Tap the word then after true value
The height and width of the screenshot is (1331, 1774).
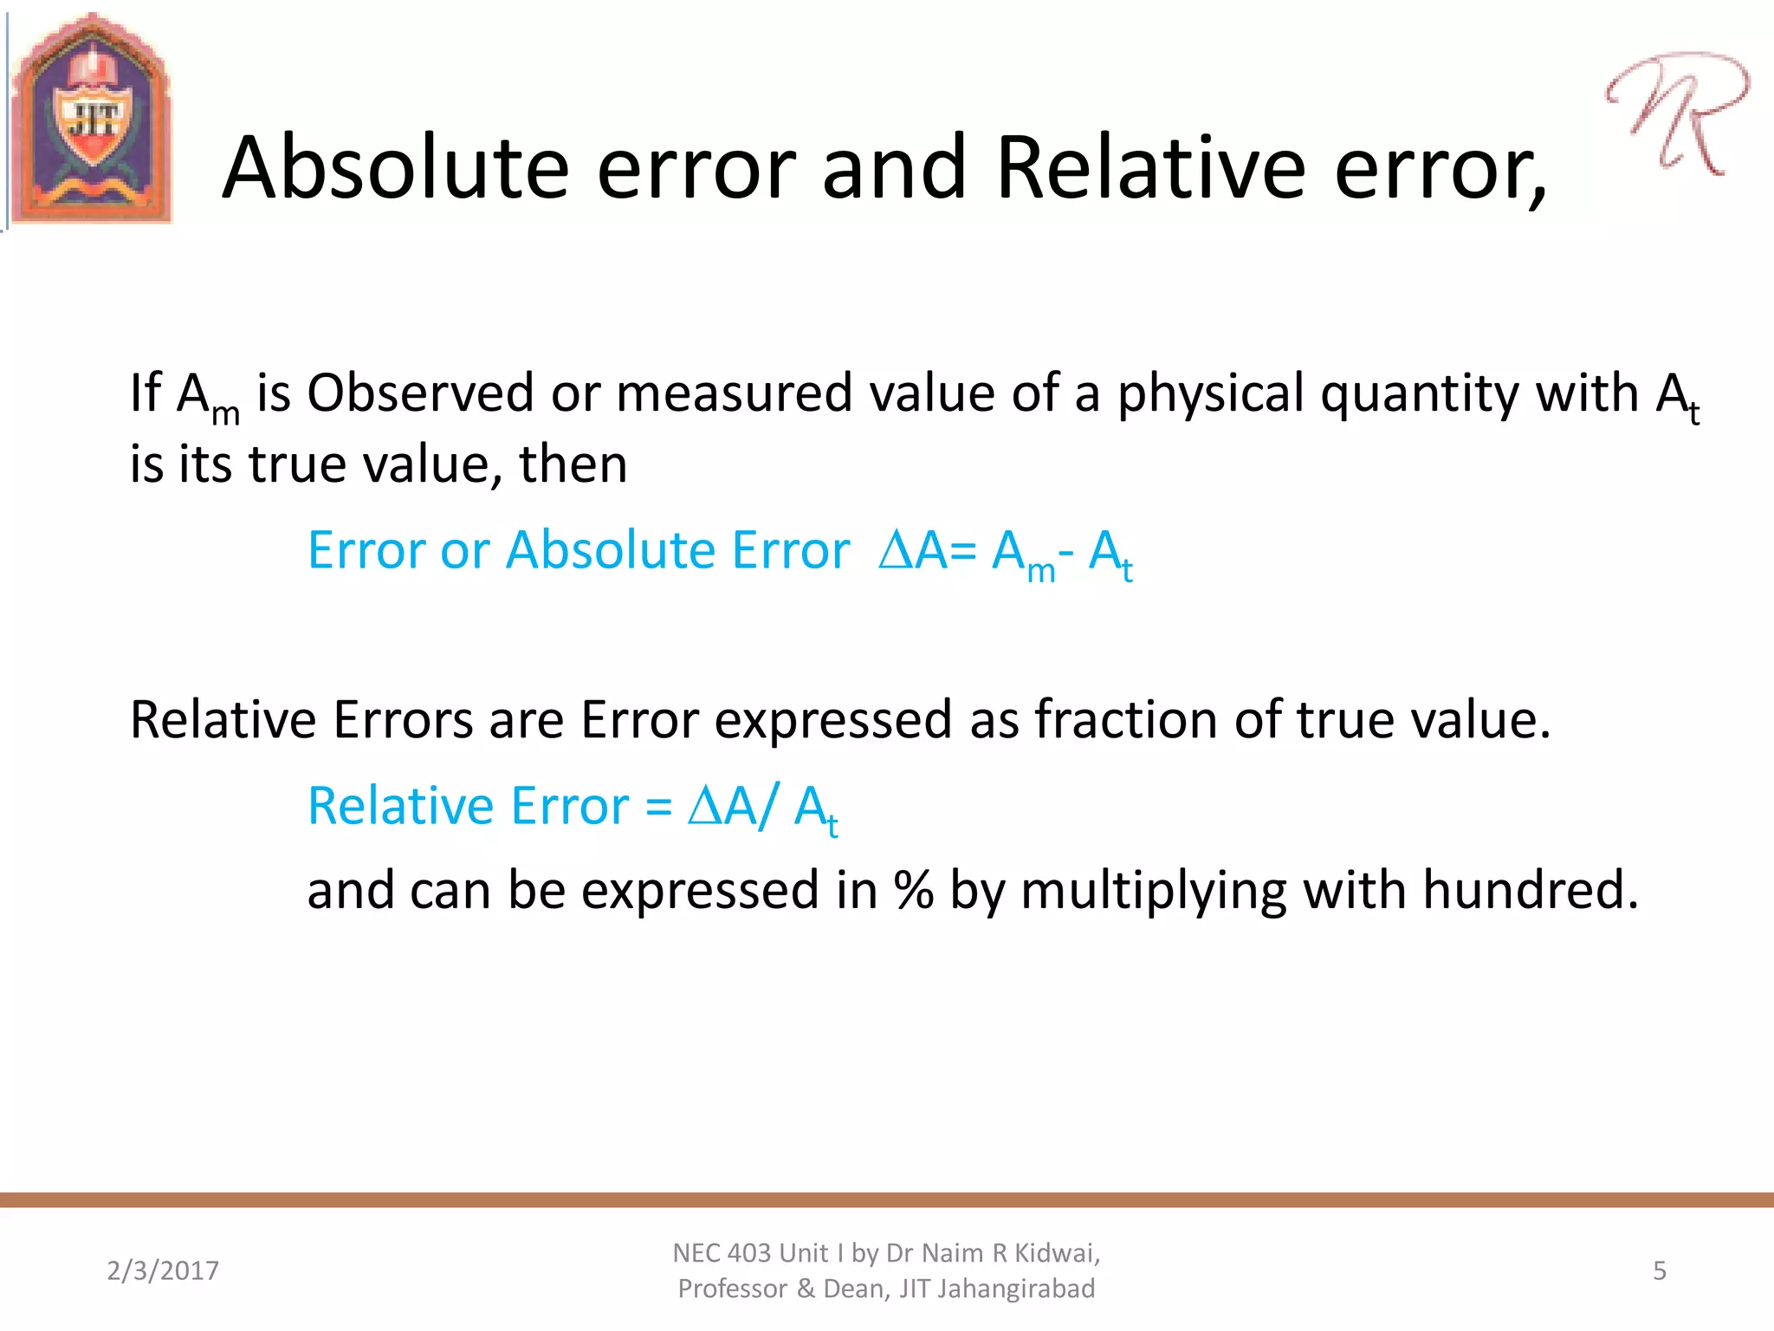(573, 464)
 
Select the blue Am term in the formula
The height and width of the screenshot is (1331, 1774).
(1022, 555)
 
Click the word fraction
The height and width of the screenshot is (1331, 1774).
(1127, 719)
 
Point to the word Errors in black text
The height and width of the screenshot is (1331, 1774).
(403, 719)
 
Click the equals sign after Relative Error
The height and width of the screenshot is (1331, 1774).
(658, 807)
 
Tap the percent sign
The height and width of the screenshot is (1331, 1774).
(914, 890)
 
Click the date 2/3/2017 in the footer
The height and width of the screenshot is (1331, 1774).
(163, 1270)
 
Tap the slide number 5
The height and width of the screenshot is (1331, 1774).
(1659, 1270)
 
